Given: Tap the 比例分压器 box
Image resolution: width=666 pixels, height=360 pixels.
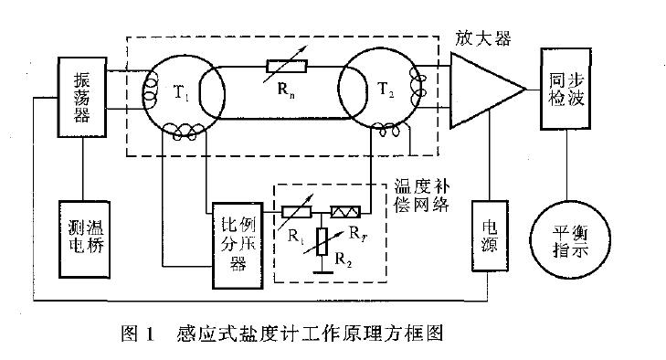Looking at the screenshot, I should point(236,232).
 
